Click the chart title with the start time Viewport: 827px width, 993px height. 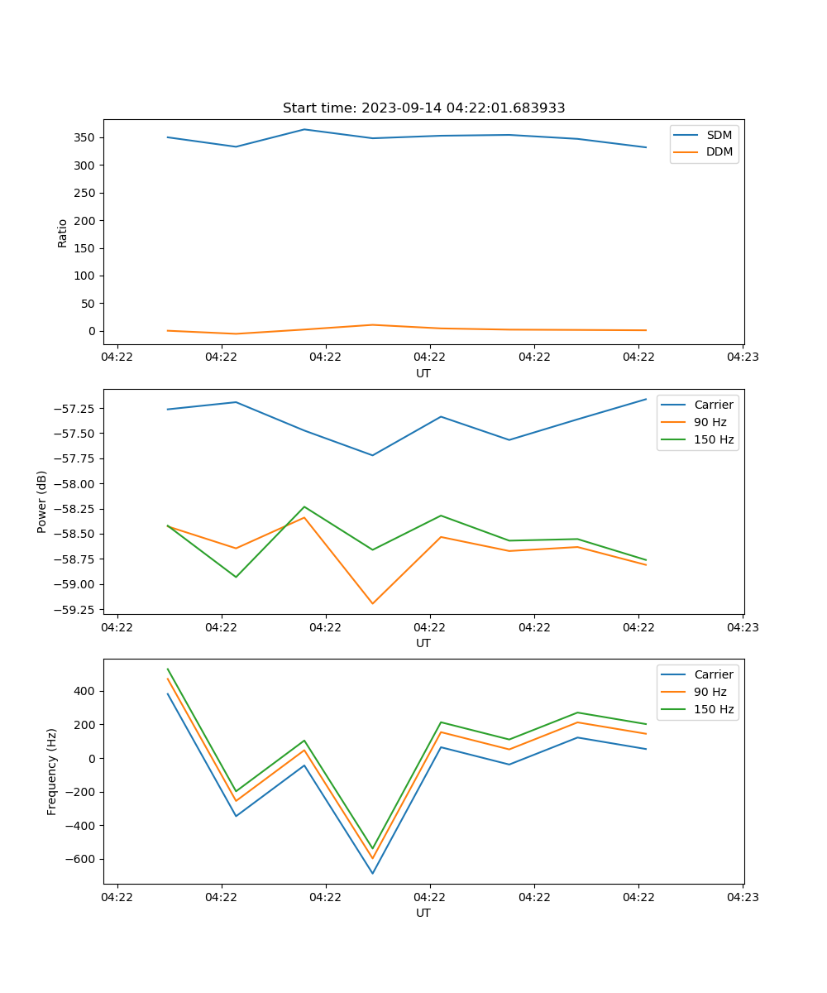(x=423, y=108)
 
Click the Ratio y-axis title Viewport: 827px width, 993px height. (x=63, y=233)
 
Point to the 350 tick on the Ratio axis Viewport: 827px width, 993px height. (x=86, y=137)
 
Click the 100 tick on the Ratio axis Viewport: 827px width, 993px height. (x=86, y=276)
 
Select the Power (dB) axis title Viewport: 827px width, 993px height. (x=42, y=501)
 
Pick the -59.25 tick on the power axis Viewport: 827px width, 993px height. (x=76, y=610)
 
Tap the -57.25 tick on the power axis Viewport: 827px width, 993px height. (x=76, y=409)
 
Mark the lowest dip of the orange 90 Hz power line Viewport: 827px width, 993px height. (x=372, y=603)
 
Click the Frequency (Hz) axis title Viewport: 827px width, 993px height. (x=52, y=771)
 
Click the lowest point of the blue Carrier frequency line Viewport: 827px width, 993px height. (x=372, y=873)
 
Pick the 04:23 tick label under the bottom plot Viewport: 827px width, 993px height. (x=743, y=896)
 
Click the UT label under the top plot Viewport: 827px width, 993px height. (x=423, y=373)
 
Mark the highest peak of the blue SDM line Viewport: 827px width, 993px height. (x=304, y=129)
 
